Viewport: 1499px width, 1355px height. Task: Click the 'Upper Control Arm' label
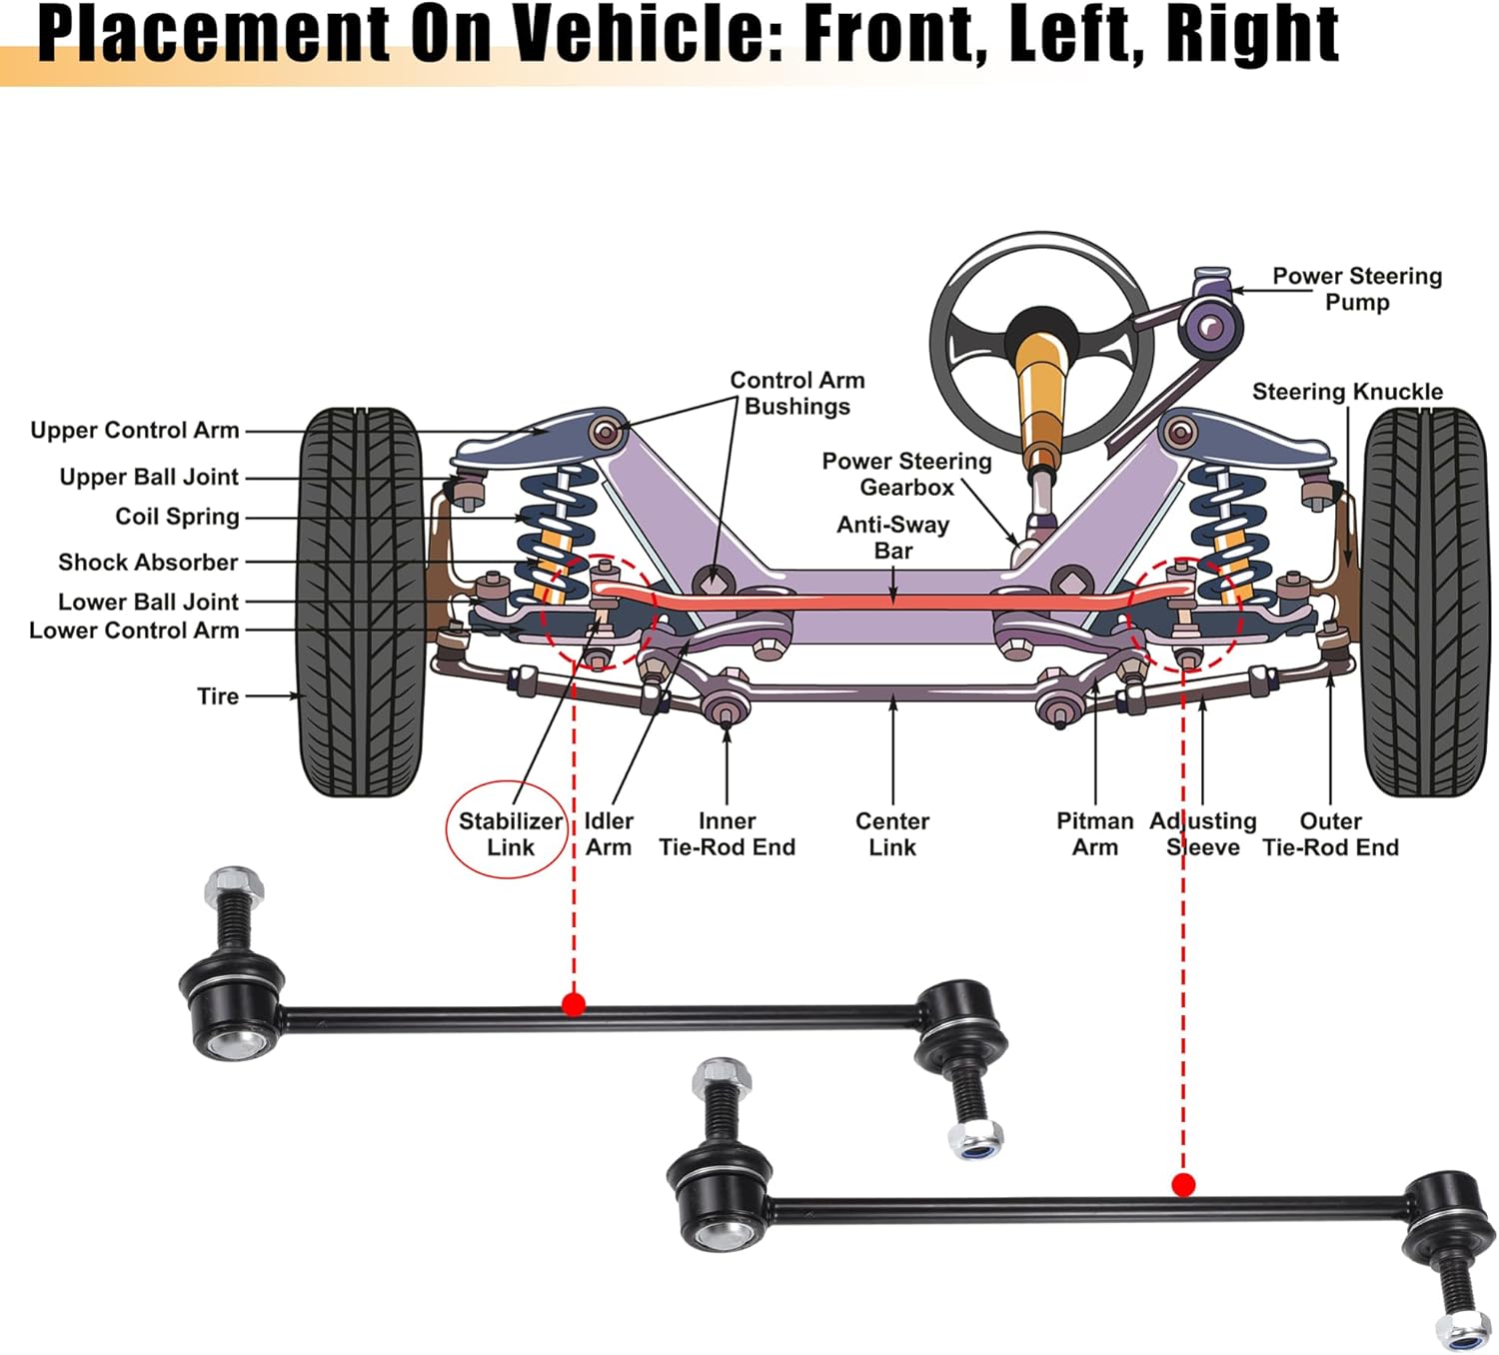click(x=135, y=431)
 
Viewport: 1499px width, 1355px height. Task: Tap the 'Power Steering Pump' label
click(x=1357, y=289)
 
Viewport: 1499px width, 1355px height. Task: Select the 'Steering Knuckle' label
click(x=1347, y=392)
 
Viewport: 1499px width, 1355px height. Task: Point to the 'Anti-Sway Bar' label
click(x=893, y=538)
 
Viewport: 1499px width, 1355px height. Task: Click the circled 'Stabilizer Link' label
click(x=511, y=834)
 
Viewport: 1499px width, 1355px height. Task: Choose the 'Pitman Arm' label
click(x=1094, y=834)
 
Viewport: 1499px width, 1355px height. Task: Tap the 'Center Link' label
click(x=892, y=834)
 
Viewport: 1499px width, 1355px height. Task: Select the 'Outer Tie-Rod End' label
click(x=1330, y=834)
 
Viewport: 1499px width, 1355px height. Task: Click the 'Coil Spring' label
click(x=177, y=517)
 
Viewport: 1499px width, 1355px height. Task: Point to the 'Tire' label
click(x=218, y=696)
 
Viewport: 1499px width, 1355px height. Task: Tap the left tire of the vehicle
click(x=361, y=602)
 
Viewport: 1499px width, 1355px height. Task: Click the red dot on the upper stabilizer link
click(x=574, y=1003)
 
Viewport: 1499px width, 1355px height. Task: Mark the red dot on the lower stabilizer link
click(x=1183, y=1184)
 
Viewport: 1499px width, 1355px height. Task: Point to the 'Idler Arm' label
click(x=609, y=834)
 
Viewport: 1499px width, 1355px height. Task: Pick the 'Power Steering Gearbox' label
click(x=906, y=474)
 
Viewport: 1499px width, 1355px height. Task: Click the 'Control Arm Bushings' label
click(x=797, y=393)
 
